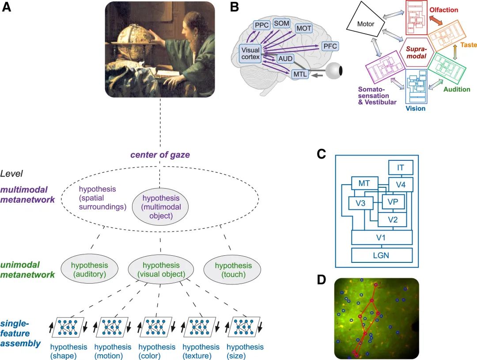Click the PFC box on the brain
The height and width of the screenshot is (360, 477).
(330, 46)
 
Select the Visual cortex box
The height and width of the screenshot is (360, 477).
(250, 53)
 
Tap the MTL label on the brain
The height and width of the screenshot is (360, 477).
(299, 75)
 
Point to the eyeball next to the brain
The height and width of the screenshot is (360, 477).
(335, 70)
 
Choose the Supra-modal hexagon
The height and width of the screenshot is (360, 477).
(416, 53)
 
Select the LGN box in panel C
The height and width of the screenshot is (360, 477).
(382, 255)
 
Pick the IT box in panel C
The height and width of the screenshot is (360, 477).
(400, 167)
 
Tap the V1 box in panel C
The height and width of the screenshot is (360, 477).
(382, 237)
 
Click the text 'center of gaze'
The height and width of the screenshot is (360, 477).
(159, 155)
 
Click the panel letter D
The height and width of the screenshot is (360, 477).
(323, 280)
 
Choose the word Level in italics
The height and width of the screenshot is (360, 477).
(11, 174)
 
